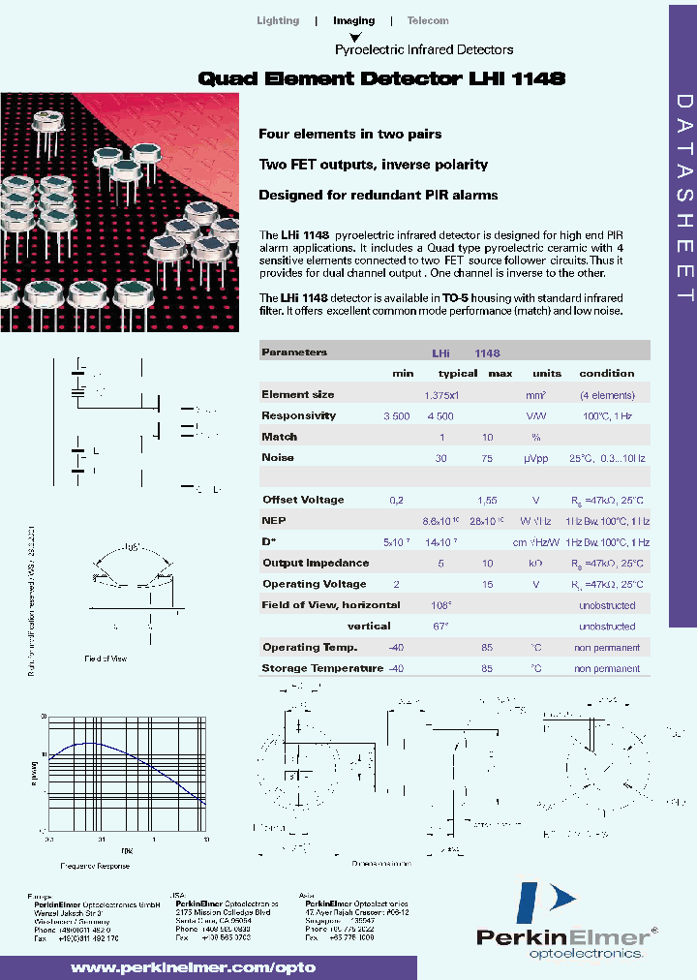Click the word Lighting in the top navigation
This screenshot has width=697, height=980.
[278, 20]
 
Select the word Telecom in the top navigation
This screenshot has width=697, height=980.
[428, 20]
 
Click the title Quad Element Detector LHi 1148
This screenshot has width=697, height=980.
[381, 78]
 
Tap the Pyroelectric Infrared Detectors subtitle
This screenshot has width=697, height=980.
[424, 49]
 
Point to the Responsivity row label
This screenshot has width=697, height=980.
[299, 415]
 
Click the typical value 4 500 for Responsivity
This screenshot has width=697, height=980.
[439, 415]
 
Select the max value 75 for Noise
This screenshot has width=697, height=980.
[488, 457]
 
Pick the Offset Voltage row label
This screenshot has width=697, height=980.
[303, 500]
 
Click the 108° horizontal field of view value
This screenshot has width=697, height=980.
[441, 605]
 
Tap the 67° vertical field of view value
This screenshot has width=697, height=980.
[441, 627]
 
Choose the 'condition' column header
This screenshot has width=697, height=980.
[607, 373]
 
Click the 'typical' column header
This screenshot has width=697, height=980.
[458, 373]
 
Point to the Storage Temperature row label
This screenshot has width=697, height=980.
[322, 668]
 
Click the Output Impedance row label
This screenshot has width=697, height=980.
[316, 563]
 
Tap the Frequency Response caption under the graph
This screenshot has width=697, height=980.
[96, 864]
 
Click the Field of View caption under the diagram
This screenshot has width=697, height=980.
[106, 658]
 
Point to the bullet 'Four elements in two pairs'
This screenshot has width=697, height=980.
[350, 134]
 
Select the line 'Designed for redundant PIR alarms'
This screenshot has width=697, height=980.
[379, 195]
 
